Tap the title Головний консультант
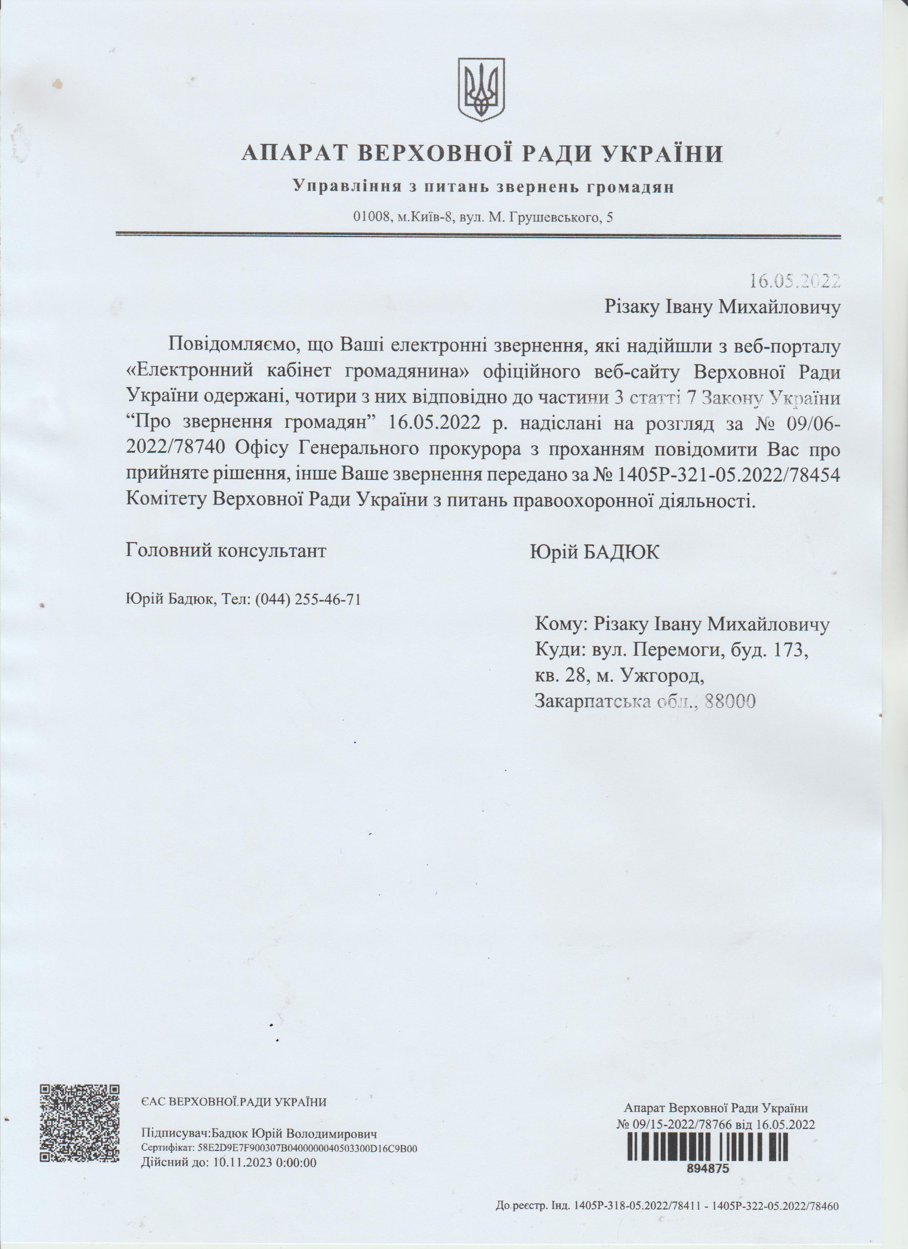(226, 551)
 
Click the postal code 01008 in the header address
(371, 218)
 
